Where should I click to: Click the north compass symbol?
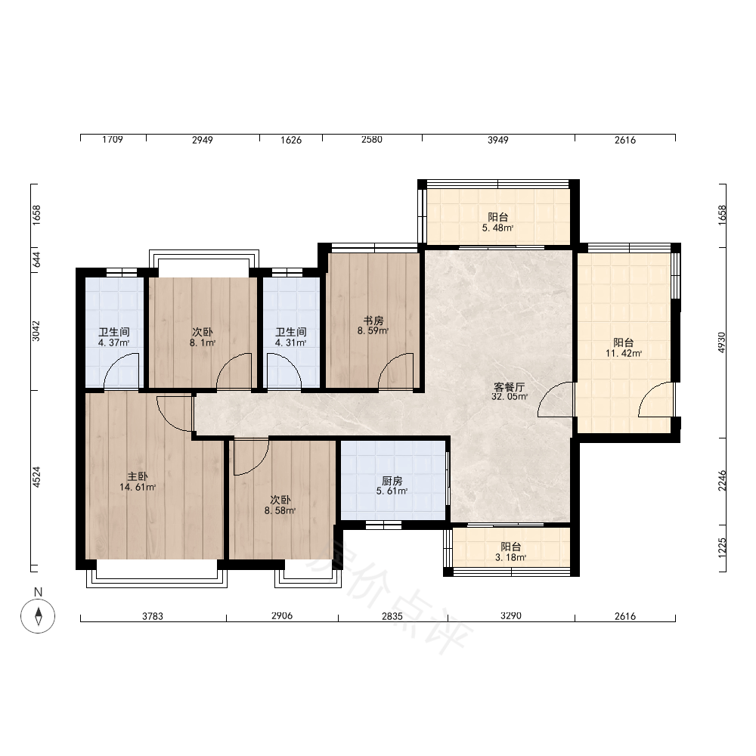pyautogui.click(x=38, y=615)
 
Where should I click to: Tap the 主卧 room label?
pyautogui.click(x=138, y=477)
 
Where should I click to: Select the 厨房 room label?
pyautogui.click(x=392, y=481)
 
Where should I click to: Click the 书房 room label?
pyautogui.click(x=373, y=321)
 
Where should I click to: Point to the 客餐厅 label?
pyautogui.click(x=509, y=386)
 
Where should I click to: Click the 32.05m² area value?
pyautogui.click(x=509, y=397)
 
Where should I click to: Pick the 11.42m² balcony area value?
pyautogui.click(x=624, y=353)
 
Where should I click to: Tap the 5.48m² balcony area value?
pyautogui.click(x=497, y=228)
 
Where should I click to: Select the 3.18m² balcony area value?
pyautogui.click(x=510, y=558)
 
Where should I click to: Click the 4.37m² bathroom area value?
pyautogui.click(x=114, y=342)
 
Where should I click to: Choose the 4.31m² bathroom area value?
pyautogui.click(x=291, y=342)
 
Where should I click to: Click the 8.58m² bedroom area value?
pyautogui.click(x=280, y=510)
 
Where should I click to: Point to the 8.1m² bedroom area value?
pyautogui.click(x=203, y=342)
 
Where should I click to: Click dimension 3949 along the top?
pyautogui.click(x=498, y=140)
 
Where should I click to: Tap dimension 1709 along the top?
pyautogui.click(x=113, y=139)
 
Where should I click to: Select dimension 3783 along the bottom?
pyautogui.click(x=153, y=616)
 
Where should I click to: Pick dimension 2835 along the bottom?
pyautogui.click(x=392, y=616)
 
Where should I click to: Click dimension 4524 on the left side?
pyautogui.click(x=36, y=477)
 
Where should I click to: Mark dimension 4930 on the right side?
pyautogui.click(x=722, y=342)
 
